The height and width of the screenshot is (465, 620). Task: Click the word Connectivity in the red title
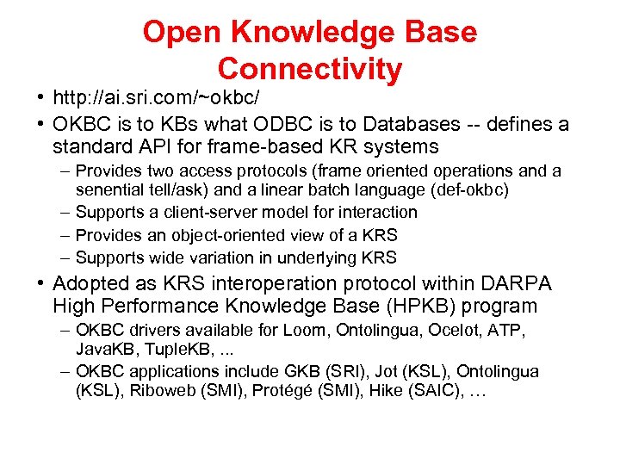pos(309,69)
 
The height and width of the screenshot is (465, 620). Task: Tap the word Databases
pos(388,124)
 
